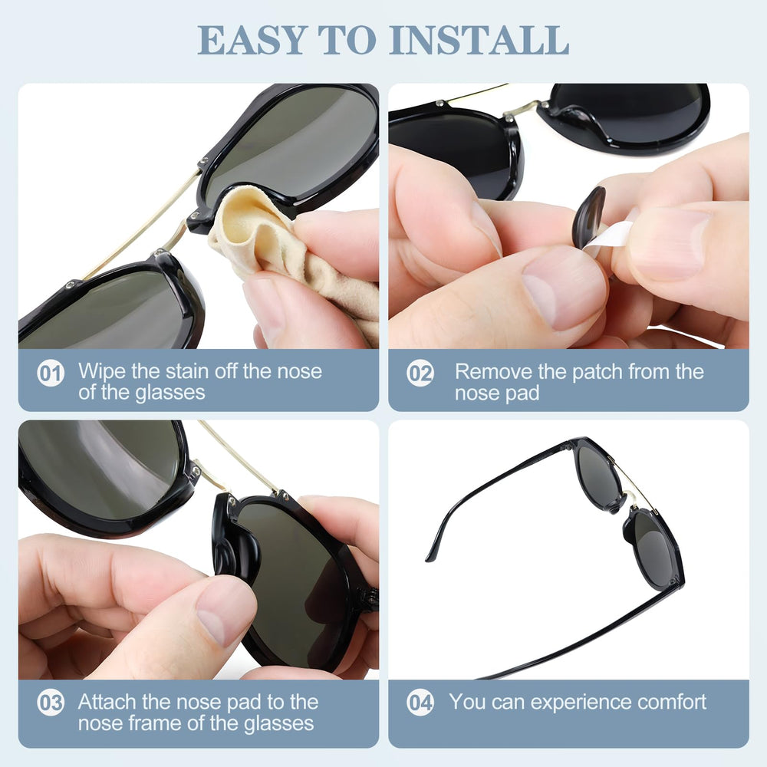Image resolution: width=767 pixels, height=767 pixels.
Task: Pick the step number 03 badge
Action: coord(51,703)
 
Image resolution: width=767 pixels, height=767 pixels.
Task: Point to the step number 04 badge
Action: coord(420,703)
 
